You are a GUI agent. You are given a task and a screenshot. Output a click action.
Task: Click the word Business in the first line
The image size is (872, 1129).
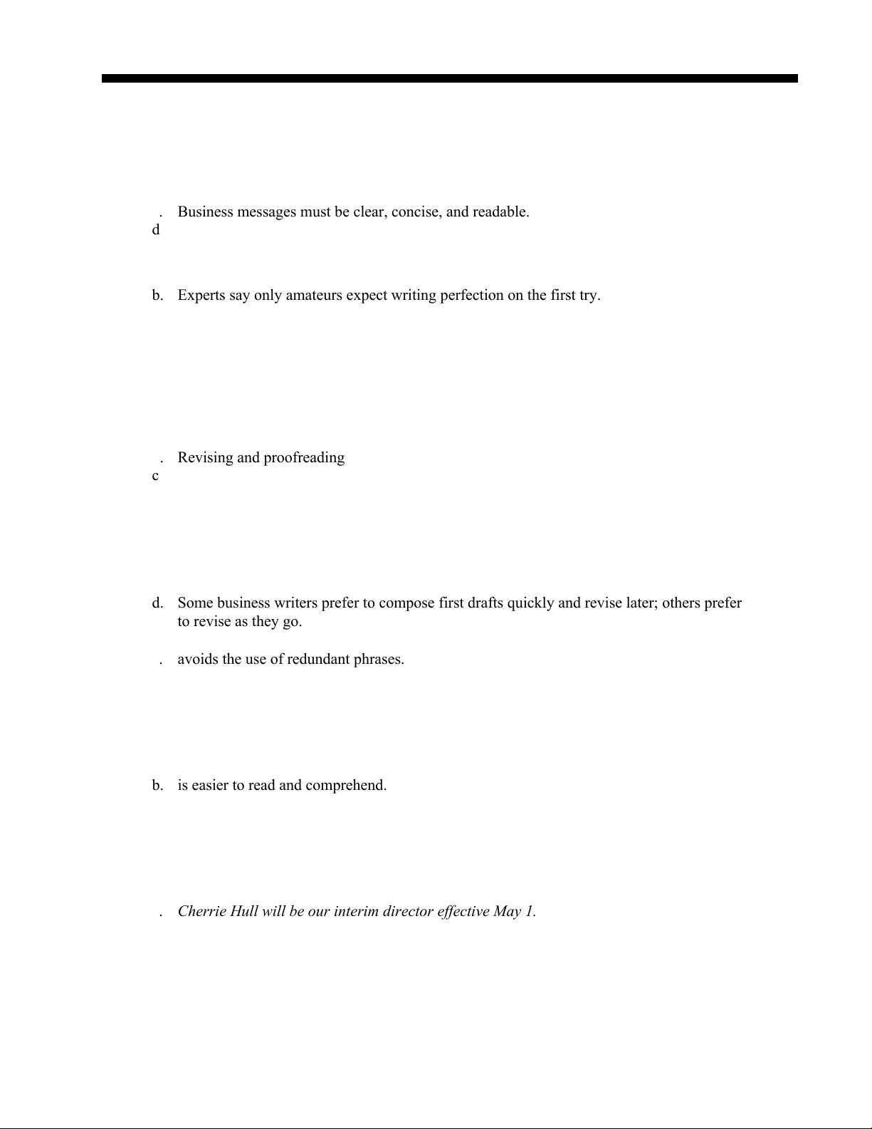pos(205,212)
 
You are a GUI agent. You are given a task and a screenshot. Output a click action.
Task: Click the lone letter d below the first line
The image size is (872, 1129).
pos(156,230)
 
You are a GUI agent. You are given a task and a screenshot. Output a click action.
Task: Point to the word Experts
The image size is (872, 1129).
pos(201,296)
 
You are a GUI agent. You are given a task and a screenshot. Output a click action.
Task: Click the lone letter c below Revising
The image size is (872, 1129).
pos(155,476)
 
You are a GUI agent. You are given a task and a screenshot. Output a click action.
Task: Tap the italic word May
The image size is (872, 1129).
pos(508,912)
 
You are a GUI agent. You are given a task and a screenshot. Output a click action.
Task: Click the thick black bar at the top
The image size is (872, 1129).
pos(449,78)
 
